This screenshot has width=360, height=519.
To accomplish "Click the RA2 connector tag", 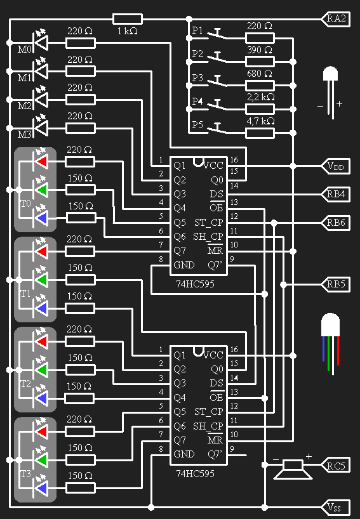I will [337, 19].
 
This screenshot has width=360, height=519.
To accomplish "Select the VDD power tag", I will [337, 166].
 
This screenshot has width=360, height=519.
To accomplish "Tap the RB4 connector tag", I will [337, 194].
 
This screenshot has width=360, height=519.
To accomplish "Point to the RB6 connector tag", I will [337, 222].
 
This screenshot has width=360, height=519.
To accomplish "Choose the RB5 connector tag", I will [337, 284].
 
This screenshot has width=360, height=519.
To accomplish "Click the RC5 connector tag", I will [337, 465].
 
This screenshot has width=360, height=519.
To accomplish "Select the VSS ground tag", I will [337, 507].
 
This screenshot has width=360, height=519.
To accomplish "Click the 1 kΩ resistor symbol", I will [127, 19].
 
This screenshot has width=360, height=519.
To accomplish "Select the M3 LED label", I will [24, 135].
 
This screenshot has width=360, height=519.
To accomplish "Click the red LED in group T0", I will [42, 162].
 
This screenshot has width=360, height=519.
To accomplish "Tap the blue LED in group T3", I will [42, 488].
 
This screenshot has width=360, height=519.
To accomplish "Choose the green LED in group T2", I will [42, 369].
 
